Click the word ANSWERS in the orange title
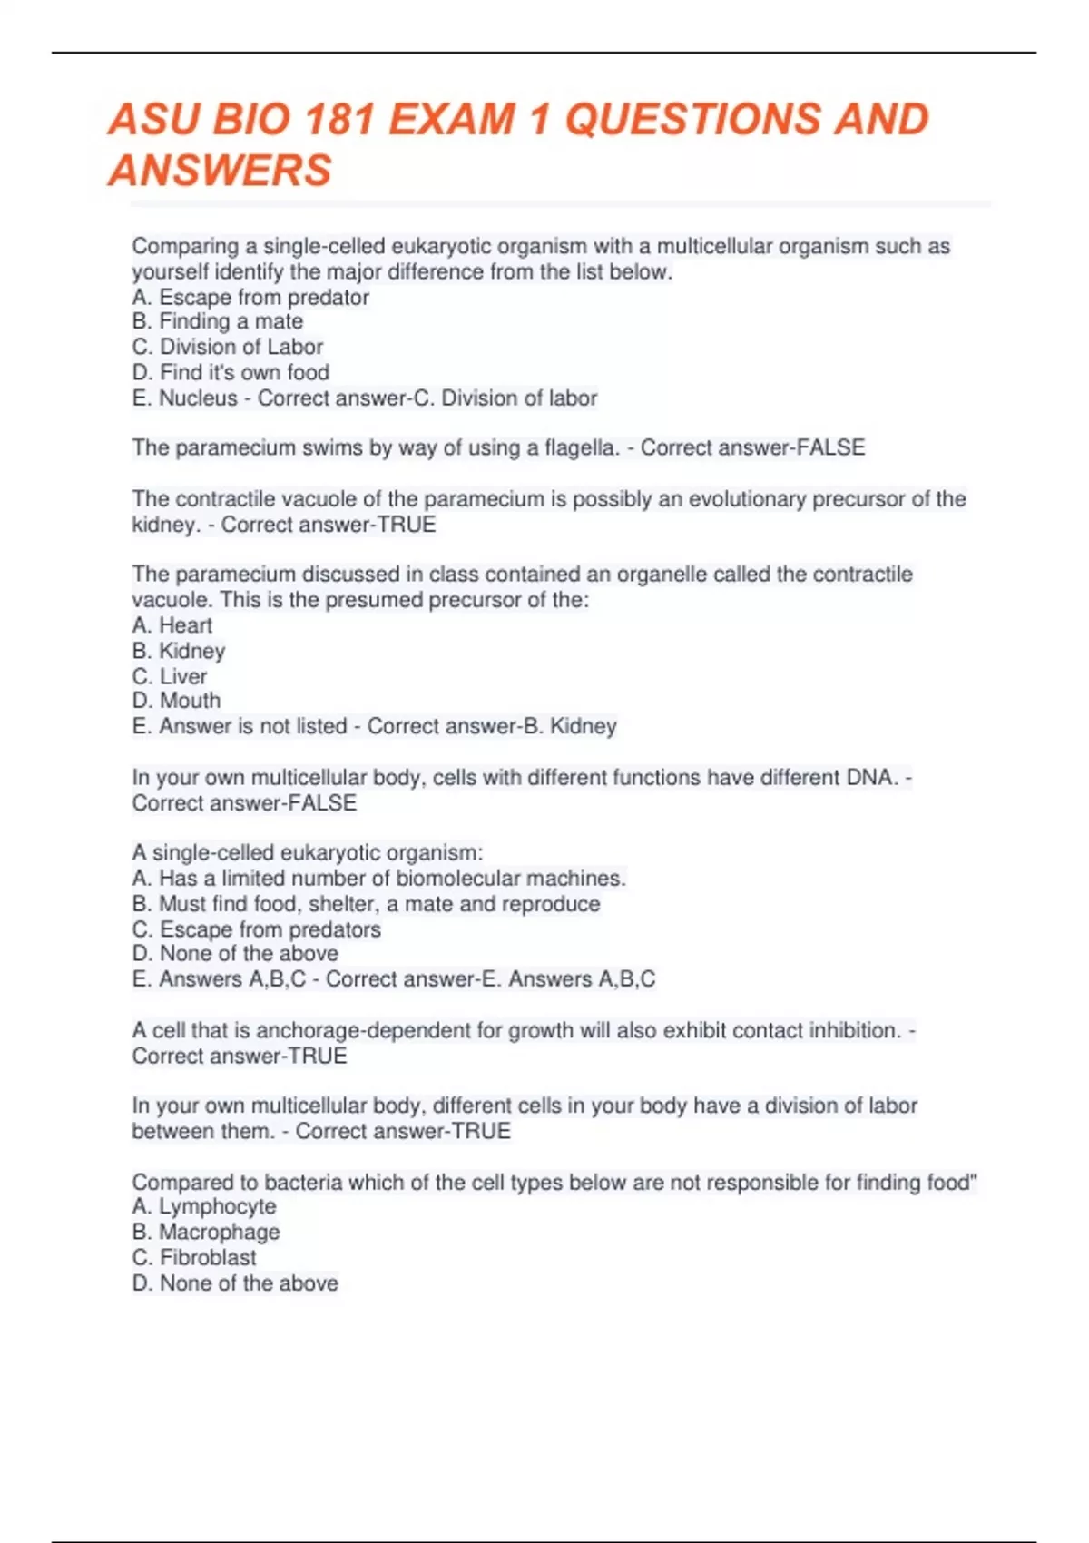coord(221,171)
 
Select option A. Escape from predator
coord(250,297)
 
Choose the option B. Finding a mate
coord(218,321)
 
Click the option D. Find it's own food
coord(231,372)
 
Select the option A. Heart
coord(172,625)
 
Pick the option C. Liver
coord(170,676)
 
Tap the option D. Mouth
coord(176,701)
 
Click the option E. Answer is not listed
coord(240,726)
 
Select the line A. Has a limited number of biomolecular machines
coord(378,878)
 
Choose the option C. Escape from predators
coord(257,929)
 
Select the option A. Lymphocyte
coord(204,1206)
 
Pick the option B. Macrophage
coord(206,1232)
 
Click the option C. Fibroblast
coord(194,1257)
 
